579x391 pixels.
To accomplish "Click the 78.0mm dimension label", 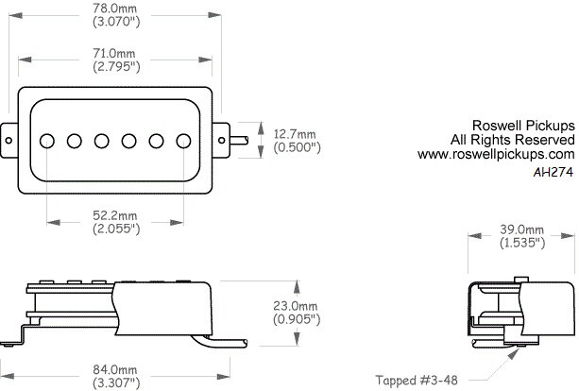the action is point(114,8).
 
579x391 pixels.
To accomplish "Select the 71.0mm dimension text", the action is point(114,53).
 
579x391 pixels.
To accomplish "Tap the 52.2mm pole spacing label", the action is point(115,215).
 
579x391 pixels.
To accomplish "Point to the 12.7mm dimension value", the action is point(295,134).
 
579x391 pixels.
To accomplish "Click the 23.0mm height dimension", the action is point(296,306).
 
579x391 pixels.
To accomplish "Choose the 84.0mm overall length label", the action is point(115,369).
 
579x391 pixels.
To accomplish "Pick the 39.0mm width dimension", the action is point(521,229).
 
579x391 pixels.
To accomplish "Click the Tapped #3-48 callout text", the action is point(417,380).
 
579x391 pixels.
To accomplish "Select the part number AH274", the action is point(553,172).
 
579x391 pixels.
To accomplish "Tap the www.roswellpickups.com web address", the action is point(496,154).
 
